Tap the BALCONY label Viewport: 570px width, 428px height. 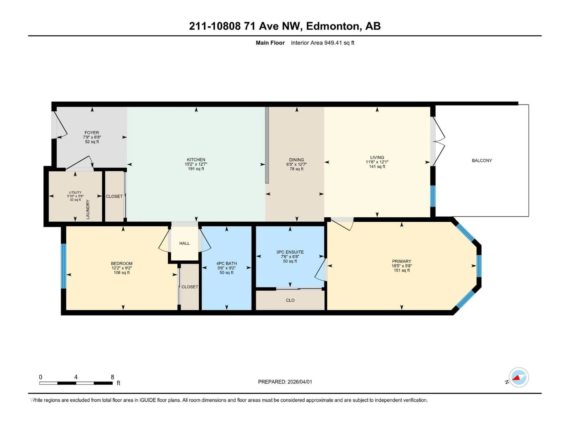(482, 160)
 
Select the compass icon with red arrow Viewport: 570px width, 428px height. (519, 377)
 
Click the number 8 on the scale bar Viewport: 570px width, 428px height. (112, 377)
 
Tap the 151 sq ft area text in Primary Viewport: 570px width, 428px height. (402, 270)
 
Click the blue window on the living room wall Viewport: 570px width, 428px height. (433, 196)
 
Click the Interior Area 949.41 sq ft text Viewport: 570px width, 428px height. (322, 43)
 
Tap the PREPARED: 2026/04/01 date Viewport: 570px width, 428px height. (285, 382)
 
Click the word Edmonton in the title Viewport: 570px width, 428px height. (332, 26)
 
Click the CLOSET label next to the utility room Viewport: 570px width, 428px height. (114, 196)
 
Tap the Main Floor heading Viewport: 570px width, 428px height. (270, 43)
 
